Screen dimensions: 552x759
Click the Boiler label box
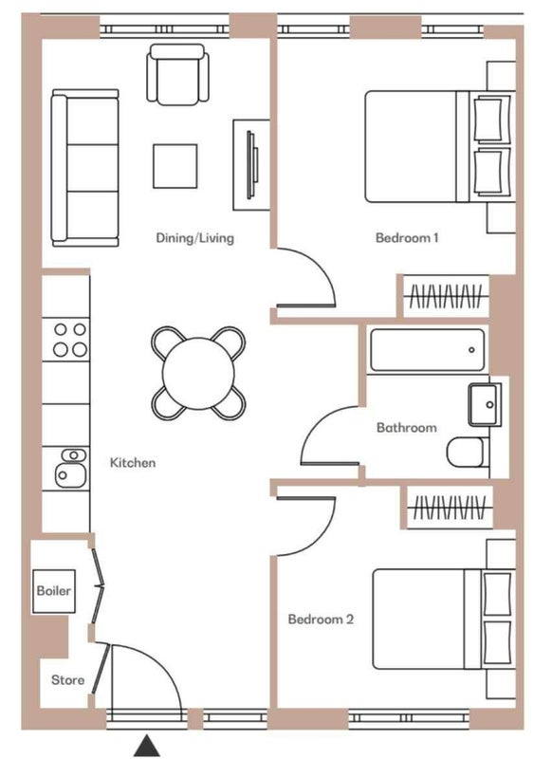point(54,591)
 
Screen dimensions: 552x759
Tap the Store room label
point(67,680)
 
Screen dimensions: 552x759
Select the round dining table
point(198,373)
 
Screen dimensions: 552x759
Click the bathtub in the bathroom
point(427,350)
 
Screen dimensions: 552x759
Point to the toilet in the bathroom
point(466,453)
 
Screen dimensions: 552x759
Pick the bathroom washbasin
point(485,404)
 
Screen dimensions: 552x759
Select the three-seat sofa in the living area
point(85,168)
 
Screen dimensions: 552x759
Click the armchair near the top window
point(178,75)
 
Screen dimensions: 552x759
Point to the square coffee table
point(175,166)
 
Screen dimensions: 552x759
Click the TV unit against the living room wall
point(251,165)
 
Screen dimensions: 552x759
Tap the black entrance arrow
point(147,746)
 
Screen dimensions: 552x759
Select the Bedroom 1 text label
point(407,238)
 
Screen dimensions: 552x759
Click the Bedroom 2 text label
point(321,620)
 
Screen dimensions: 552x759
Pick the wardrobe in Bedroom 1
point(446,296)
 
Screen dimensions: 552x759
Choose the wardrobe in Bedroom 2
point(450,508)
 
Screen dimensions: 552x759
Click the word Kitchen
point(133,463)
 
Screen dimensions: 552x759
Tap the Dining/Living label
point(195,238)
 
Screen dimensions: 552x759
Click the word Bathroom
point(407,428)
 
